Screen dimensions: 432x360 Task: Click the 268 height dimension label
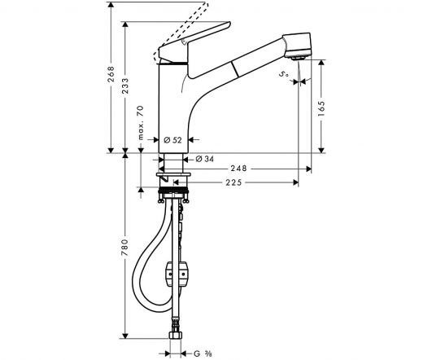point(111,73)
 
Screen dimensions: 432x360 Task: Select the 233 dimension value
point(125,86)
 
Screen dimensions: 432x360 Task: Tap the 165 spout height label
point(321,108)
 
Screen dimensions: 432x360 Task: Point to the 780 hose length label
point(125,247)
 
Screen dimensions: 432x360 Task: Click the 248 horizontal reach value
point(238,169)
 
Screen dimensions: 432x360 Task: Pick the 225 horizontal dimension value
point(233,182)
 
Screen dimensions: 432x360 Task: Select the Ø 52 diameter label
point(172,140)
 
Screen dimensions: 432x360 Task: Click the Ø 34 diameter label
point(204,159)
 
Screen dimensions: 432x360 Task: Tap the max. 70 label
point(141,122)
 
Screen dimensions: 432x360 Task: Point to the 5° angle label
point(284,74)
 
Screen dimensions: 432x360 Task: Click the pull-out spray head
point(298,46)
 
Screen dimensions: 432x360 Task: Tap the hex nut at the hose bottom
point(175,335)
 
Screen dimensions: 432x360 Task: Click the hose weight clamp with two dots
point(177,274)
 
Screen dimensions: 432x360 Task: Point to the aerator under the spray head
point(298,58)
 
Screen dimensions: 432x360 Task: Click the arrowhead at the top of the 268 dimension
point(111,4)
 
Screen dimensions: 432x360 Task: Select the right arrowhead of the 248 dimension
point(309,169)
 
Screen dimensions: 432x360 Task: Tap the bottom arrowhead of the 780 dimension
point(125,336)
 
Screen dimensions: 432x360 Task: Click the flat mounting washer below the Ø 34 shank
point(173,174)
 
